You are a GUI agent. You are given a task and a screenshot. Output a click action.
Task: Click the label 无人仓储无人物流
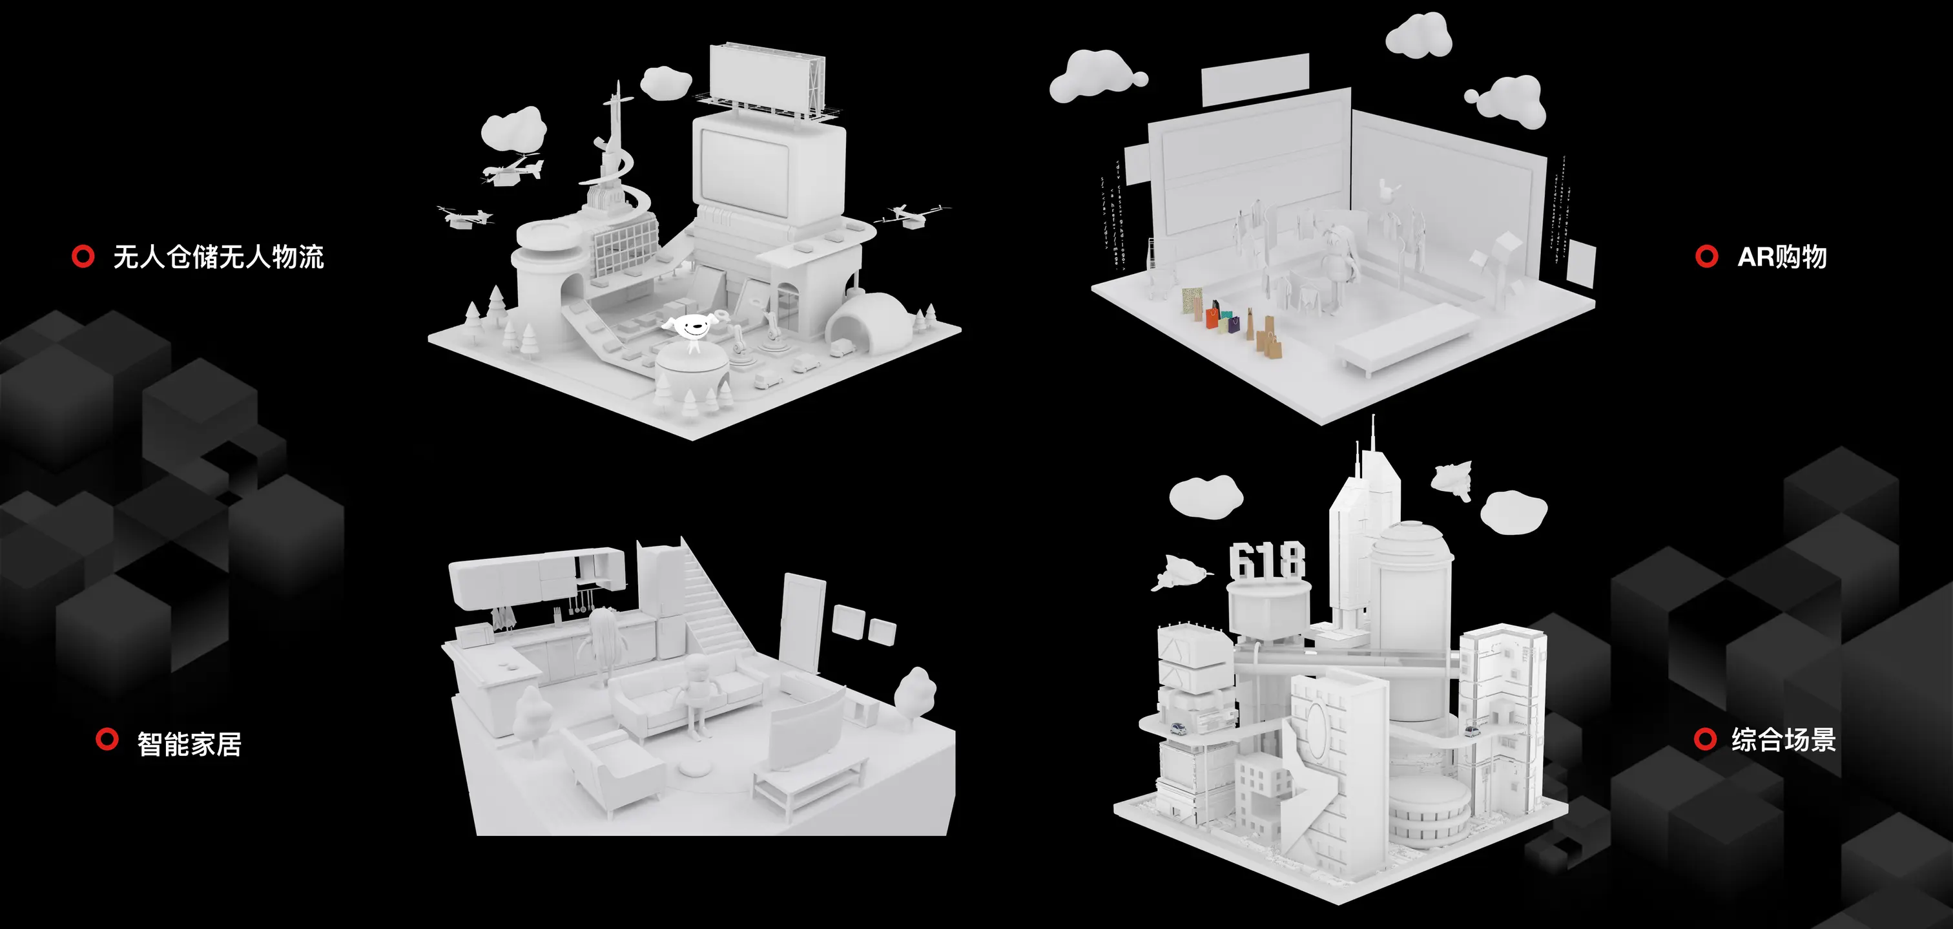tap(218, 257)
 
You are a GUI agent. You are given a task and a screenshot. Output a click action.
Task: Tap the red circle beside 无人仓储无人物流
tap(83, 256)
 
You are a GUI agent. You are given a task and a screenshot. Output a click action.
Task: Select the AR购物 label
tap(1782, 257)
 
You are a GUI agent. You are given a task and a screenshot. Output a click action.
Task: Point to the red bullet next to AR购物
tap(1706, 256)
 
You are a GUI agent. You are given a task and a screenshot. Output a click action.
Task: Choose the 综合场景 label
tap(1783, 740)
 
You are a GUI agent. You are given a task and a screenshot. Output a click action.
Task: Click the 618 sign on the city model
tap(1267, 561)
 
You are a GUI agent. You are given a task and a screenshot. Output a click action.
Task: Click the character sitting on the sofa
tap(697, 694)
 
